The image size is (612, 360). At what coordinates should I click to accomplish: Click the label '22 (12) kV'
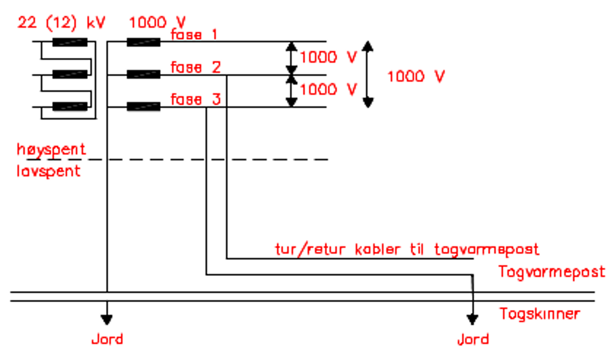pyautogui.click(x=61, y=23)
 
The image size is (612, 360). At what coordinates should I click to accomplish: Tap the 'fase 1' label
pyautogui.click(x=194, y=34)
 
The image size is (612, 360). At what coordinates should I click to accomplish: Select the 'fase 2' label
pyautogui.click(x=195, y=67)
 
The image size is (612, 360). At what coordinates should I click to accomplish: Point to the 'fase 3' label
pyautogui.click(x=195, y=99)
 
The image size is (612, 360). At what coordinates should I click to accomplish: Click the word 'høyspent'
pyautogui.click(x=51, y=149)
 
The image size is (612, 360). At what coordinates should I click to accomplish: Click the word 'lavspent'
pyautogui.click(x=49, y=171)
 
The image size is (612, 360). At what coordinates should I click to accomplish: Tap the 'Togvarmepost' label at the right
pyautogui.click(x=551, y=272)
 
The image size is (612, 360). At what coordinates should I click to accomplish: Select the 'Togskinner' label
pyautogui.click(x=539, y=314)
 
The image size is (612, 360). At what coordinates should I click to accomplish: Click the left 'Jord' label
pyautogui.click(x=107, y=339)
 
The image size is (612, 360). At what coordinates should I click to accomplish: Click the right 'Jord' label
pyautogui.click(x=473, y=339)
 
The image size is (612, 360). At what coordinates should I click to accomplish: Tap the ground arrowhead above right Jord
pyautogui.click(x=472, y=318)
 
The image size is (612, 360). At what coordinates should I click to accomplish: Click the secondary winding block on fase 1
pyautogui.click(x=143, y=42)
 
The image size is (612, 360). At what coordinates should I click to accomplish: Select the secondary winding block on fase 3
pyautogui.click(x=143, y=106)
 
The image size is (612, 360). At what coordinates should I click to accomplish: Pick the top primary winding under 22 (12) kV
pyautogui.click(x=70, y=42)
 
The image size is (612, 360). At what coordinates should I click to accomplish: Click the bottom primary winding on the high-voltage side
pyautogui.click(x=70, y=106)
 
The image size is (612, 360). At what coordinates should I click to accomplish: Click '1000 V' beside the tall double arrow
pyautogui.click(x=416, y=76)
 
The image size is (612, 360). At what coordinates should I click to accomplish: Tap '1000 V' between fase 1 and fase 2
pyautogui.click(x=328, y=57)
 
